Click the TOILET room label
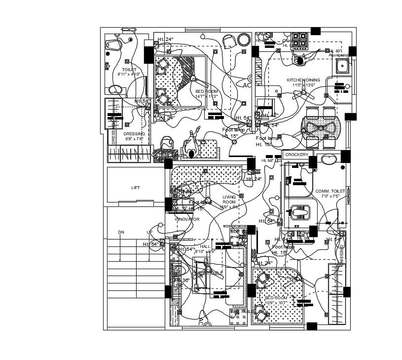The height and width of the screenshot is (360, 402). (129, 70)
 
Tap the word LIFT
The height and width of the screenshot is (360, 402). (135, 188)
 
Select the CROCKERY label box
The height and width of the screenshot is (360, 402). (297, 155)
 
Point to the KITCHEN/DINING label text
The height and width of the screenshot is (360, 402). (303, 80)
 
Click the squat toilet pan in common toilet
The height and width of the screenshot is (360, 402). (299, 212)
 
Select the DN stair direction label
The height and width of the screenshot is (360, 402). (121, 232)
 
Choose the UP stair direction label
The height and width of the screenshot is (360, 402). (149, 232)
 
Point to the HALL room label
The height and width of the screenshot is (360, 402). (205, 246)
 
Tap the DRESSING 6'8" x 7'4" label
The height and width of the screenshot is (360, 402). (134, 134)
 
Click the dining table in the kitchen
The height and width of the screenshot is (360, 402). (321, 127)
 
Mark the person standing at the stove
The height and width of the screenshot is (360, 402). (299, 60)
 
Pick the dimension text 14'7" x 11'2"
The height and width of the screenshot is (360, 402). (206, 97)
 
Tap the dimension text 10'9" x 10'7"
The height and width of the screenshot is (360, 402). (276, 303)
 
